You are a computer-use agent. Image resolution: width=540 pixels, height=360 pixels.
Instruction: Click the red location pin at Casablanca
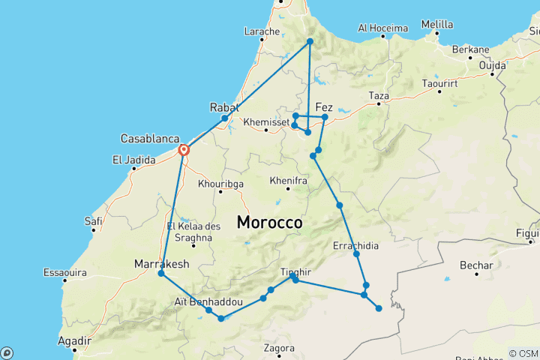click(x=183, y=150)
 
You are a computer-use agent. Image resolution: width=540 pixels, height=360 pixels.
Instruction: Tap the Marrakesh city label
click(x=161, y=264)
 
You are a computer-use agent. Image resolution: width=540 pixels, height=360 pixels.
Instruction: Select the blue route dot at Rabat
click(x=224, y=118)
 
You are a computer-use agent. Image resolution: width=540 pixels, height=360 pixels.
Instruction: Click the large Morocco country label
click(x=270, y=223)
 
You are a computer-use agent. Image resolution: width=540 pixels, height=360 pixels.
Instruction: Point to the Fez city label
click(x=325, y=106)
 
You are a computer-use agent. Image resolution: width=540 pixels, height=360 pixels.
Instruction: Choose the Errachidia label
click(x=355, y=245)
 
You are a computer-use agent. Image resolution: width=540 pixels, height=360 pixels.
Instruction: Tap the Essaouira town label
click(x=65, y=271)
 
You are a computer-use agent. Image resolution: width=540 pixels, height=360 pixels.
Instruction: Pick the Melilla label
click(x=437, y=24)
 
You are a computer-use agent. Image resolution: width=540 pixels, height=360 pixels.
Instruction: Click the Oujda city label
click(x=493, y=64)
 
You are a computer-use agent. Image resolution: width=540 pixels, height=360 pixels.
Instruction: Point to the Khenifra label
click(x=288, y=180)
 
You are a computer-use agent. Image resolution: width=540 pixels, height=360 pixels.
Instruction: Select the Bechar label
click(x=478, y=265)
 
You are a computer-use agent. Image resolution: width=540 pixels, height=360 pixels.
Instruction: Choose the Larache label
click(x=262, y=31)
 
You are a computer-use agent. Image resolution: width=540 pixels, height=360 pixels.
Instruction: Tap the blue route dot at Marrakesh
click(x=161, y=274)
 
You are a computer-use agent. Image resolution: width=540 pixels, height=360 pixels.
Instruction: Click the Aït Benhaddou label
click(x=209, y=301)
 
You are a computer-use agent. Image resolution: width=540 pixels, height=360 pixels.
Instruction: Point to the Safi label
click(x=94, y=220)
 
